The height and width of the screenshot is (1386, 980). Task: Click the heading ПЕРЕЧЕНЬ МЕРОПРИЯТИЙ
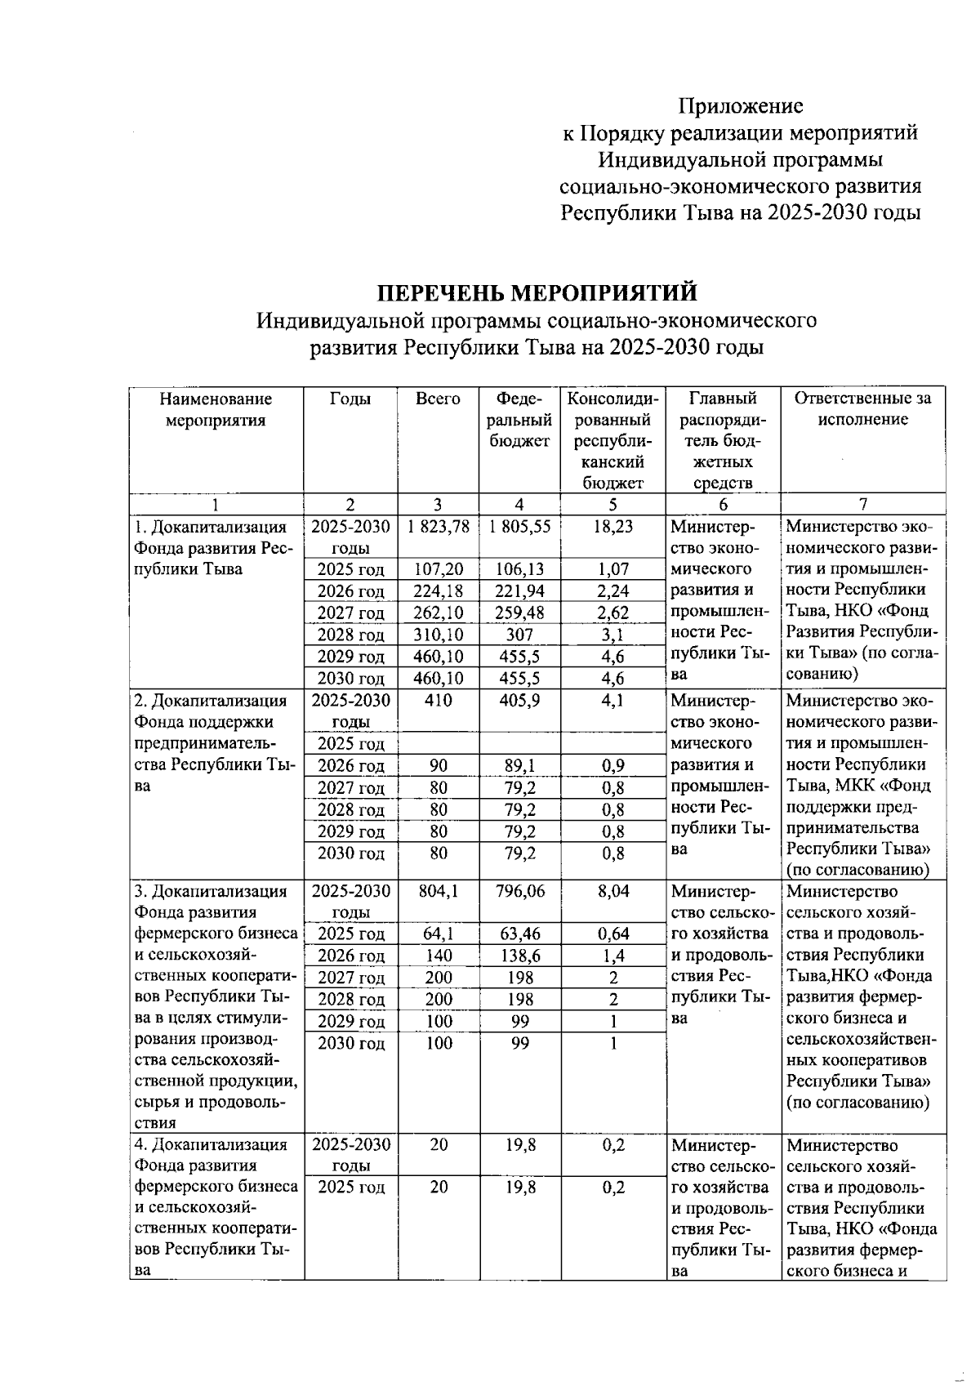[537, 292]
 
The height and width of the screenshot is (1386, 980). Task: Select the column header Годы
[350, 399]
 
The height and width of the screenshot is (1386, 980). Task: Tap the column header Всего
[438, 399]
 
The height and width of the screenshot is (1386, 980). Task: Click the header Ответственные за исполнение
[862, 409]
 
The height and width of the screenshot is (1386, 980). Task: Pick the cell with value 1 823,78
[439, 527]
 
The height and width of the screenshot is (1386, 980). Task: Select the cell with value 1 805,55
[519, 527]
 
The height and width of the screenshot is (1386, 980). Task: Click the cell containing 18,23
[612, 527]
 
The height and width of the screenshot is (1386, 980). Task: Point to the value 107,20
[439, 569]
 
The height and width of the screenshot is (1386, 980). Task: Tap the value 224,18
[439, 591]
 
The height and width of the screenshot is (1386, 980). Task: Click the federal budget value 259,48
[519, 613]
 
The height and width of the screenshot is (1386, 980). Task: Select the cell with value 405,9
[519, 700]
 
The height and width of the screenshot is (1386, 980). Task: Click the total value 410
[439, 700]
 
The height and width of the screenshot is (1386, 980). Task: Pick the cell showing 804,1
[439, 891]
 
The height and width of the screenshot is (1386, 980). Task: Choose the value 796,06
[519, 891]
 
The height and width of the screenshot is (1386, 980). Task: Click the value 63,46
[519, 934]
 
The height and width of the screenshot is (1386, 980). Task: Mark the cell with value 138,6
[519, 956]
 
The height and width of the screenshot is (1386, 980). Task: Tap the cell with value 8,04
[612, 891]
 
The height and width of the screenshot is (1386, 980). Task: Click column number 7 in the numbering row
[862, 504]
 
